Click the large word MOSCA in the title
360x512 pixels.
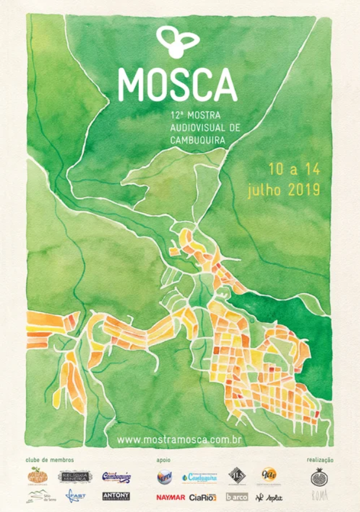177,85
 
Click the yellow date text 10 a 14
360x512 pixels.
293,169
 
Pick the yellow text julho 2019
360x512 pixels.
283,190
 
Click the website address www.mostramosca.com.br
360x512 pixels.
179,440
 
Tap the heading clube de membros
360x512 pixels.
50,460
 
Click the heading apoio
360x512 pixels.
164,460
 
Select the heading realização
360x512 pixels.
320,460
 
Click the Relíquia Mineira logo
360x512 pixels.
74,477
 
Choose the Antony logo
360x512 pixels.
116,496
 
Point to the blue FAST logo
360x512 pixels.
76,496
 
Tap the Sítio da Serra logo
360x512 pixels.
37,497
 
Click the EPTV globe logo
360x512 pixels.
165,477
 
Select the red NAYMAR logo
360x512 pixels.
171,497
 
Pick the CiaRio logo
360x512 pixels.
202,497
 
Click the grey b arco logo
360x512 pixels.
237,497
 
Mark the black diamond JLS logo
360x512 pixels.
237,475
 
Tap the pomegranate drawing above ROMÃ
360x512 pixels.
319,477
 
